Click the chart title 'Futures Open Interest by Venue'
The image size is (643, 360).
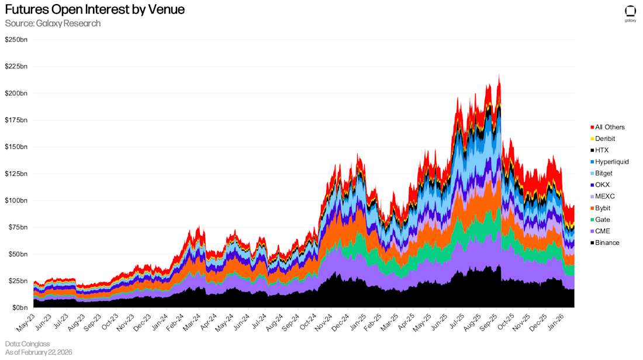95,9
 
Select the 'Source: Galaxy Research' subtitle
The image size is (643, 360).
53,23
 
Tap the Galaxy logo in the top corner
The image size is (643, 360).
630,13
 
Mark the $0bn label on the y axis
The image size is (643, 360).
19,308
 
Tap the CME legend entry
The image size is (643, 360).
602,231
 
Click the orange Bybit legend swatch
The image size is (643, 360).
592,208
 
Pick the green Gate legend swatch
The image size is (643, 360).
592,220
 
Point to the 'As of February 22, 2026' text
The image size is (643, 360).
39,352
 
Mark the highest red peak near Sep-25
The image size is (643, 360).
499,75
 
